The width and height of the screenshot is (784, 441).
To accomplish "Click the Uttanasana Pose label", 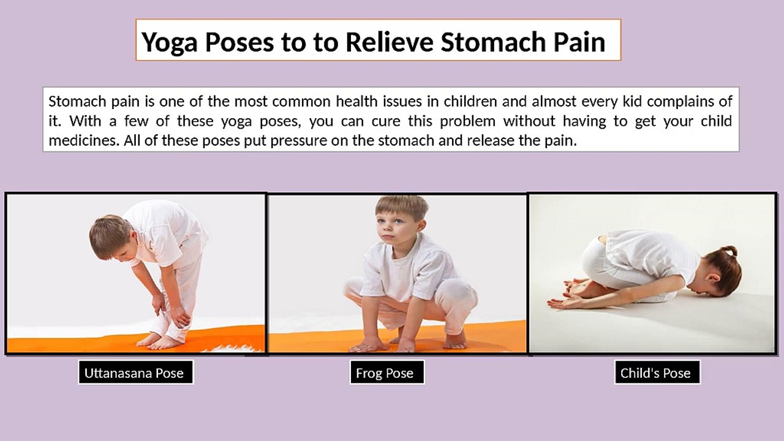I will pos(134,373).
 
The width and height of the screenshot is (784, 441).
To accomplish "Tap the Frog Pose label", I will pos(385,373).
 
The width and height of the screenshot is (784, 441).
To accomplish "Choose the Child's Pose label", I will pos(655,373).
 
